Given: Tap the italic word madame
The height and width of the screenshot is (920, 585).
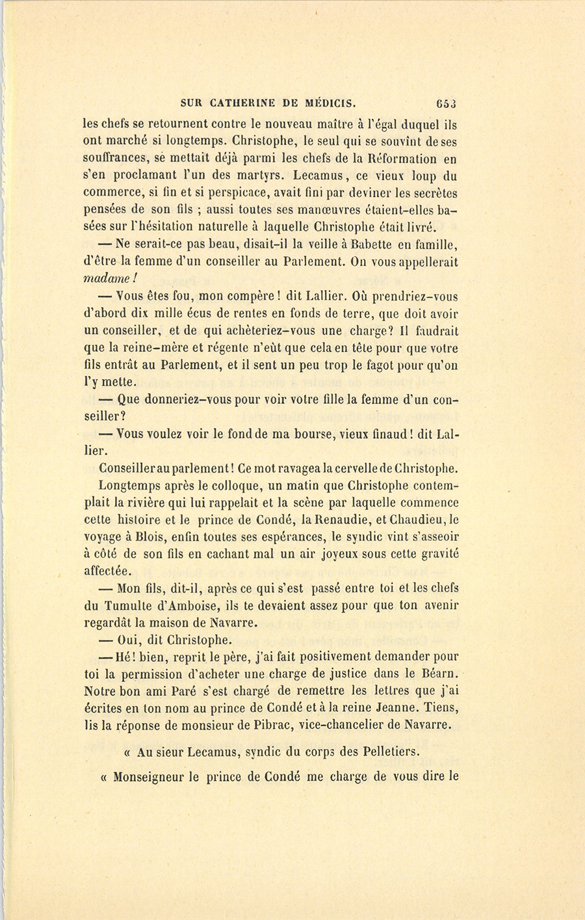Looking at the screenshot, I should click(107, 279).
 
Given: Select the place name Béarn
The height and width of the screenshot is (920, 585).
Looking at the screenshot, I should click(432, 674).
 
